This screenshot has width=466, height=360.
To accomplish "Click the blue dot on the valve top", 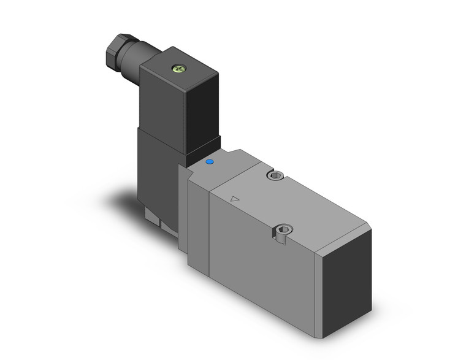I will (210, 163).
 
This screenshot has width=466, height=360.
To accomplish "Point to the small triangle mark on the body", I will (234, 199).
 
